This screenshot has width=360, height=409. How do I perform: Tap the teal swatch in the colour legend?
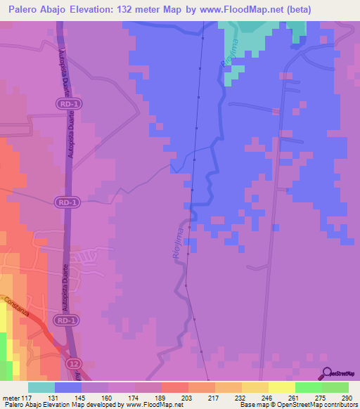pyautogui.click(x=41, y=388)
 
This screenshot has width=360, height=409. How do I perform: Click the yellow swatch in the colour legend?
pyautogui.click(x=282, y=388)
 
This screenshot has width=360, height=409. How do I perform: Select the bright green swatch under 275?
pyautogui.click(x=309, y=388)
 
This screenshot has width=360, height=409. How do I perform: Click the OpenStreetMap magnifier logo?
pyautogui.click(x=327, y=375)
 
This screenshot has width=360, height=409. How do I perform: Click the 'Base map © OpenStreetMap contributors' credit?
pyautogui.click(x=297, y=404)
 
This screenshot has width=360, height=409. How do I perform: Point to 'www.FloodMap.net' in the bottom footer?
pyautogui.click(x=153, y=404)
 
